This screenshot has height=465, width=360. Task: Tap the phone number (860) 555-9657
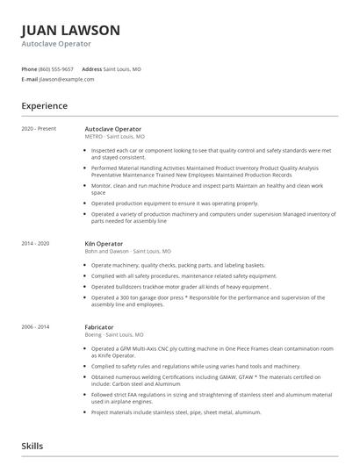[x=57, y=68]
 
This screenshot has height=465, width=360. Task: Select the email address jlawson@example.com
[x=67, y=79]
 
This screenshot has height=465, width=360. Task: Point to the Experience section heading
[x=44, y=106]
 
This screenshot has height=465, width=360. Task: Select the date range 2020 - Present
[x=39, y=129]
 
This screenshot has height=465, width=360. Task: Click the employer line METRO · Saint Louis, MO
[x=115, y=137]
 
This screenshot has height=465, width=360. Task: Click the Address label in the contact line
[x=91, y=68]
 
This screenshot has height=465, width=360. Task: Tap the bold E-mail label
[x=30, y=79]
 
